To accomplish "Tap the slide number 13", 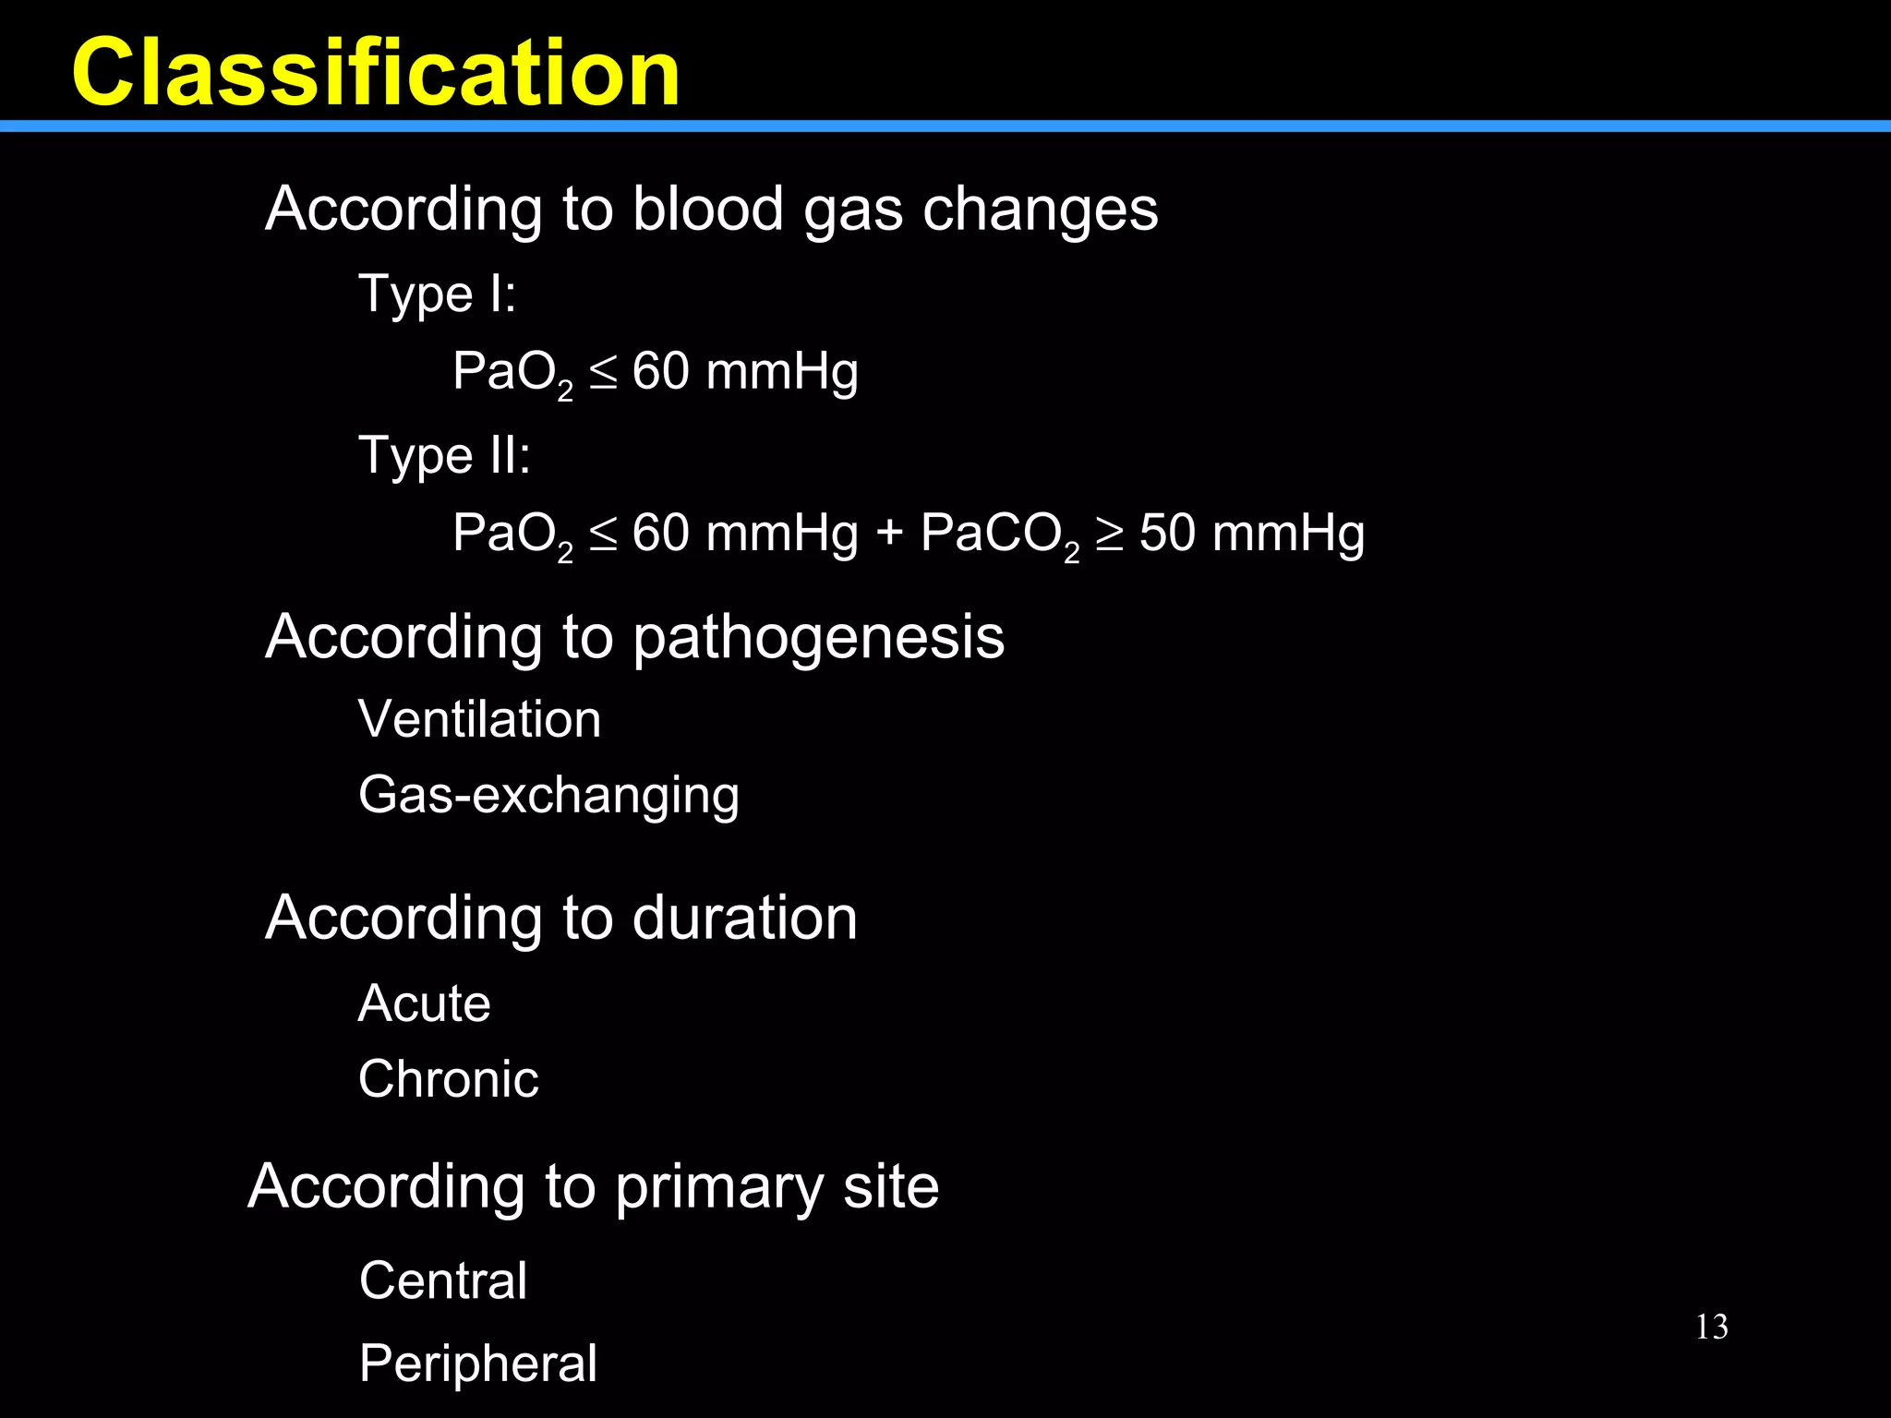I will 1712,1327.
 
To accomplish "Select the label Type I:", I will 437,294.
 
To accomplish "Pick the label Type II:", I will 444,455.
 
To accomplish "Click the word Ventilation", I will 479,719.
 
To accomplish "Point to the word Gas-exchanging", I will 548,796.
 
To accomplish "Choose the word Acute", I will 424,1003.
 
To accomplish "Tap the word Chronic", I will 448,1079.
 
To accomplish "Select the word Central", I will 443,1280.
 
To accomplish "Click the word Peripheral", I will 477,1364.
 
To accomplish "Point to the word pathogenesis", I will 818,638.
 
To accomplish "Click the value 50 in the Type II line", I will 1167,534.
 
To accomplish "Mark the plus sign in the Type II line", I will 889,535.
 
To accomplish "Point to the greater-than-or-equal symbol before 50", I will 1109,535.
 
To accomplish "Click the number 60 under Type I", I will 660,372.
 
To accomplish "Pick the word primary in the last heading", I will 718,1188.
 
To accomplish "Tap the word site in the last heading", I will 891,1186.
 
